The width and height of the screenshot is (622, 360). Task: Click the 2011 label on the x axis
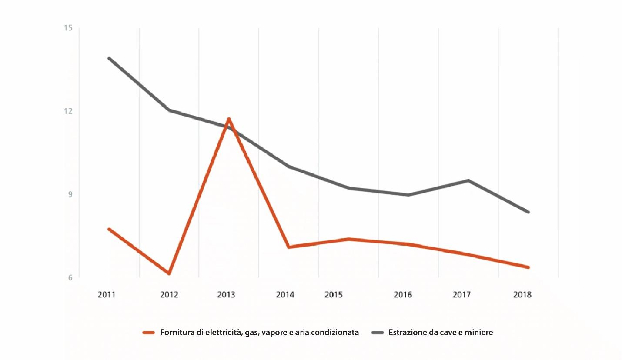coord(106,295)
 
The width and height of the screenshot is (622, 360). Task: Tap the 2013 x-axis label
coord(226,295)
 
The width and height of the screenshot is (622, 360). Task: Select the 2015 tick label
coord(334,295)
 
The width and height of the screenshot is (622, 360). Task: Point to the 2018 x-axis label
coord(522,295)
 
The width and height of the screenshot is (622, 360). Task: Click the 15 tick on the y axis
coord(69,28)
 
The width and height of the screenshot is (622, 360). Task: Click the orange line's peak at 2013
coord(228,119)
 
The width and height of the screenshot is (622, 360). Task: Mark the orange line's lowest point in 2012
coord(169,273)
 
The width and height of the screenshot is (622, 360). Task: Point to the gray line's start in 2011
coord(109,58)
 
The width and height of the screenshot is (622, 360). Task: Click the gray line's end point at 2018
coord(528,212)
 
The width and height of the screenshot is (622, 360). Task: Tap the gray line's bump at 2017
coord(468,180)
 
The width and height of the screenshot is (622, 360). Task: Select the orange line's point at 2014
coord(288,247)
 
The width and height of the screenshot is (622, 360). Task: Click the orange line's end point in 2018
coord(528,267)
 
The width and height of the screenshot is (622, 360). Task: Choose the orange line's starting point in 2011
coord(109,229)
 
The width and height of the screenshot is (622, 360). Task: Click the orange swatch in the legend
coord(149,333)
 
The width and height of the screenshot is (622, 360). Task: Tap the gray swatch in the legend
coord(378,333)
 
